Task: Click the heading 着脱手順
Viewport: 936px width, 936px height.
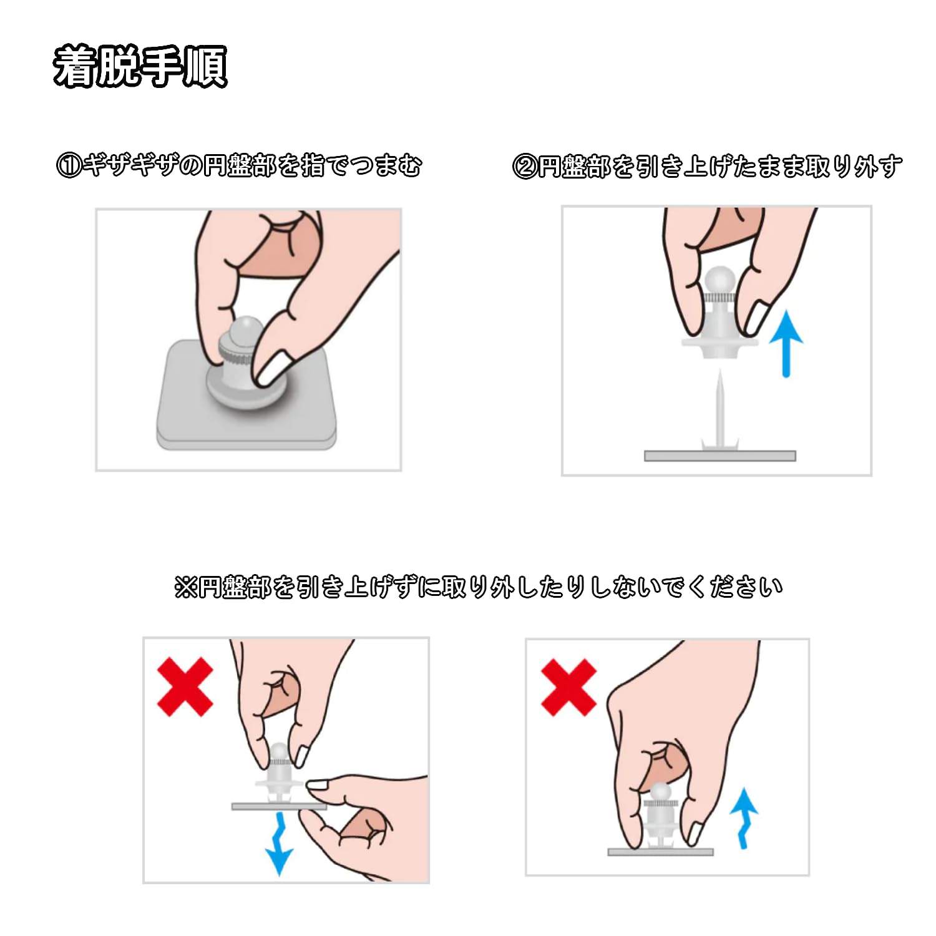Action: coord(140,66)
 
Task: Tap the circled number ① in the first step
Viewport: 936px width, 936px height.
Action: coord(69,166)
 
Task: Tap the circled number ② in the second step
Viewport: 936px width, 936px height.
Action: coord(525,167)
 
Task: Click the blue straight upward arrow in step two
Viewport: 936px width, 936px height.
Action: coord(786,344)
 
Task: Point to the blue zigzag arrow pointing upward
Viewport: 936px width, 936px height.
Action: coord(744,818)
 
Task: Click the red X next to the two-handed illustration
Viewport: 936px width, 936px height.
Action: coord(185,686)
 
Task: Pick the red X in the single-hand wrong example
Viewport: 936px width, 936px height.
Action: coord(568,688)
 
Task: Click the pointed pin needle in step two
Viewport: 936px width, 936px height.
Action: coord(720,409)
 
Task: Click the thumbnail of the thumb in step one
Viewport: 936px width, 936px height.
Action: coord(272,369)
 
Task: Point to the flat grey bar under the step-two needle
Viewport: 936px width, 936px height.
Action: coord(720,456)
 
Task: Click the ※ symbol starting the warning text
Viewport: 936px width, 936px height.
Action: coord(186,587)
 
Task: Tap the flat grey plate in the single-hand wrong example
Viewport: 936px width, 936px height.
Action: coord(660,852)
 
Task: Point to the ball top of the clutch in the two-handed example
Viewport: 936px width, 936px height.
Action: coord(279,752)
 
